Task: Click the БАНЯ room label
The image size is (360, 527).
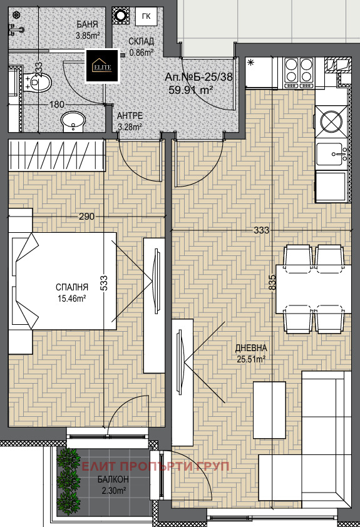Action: [x=88, y=24]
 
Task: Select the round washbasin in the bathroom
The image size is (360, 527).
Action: [x=73, y=121]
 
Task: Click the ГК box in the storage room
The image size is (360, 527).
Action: [x=147, y=16]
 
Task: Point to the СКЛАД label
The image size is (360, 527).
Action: [x=141, y=41]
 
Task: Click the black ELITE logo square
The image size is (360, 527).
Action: [x=103, y=66]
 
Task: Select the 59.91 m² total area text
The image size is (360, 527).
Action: [x=192, y=90]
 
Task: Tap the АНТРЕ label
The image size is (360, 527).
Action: [x=130, y=116]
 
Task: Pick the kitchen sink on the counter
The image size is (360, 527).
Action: [x=332, y=155]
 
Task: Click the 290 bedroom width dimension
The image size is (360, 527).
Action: [x=86, y=217]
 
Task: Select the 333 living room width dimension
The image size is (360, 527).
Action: [x=262, y=230]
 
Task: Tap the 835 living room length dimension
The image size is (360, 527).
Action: [x=272, y=283]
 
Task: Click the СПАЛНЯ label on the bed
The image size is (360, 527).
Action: [x=72, y=287]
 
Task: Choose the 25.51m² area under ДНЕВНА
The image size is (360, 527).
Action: [x=251, y=359]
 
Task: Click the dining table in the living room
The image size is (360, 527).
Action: [x=314, y=289]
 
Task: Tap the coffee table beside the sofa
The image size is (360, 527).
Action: [x=269, y=410]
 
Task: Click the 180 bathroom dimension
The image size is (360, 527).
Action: [x=57, y=105]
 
